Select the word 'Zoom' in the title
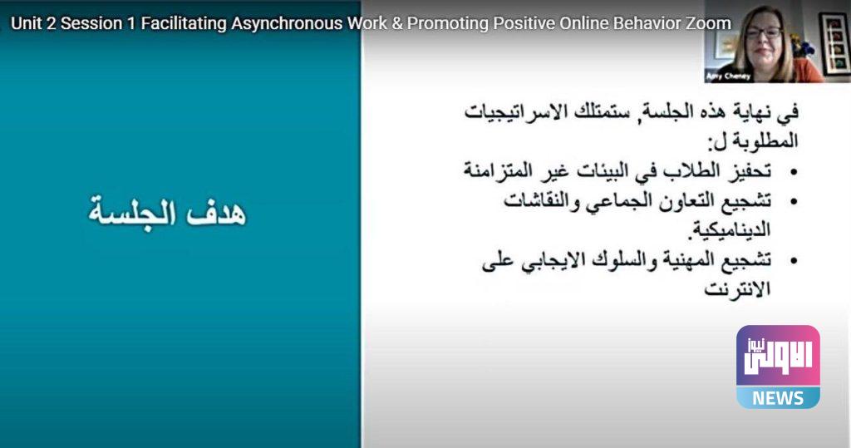711,23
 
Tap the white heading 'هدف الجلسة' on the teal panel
167,213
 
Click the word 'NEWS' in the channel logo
777,398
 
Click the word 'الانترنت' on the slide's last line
737,289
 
